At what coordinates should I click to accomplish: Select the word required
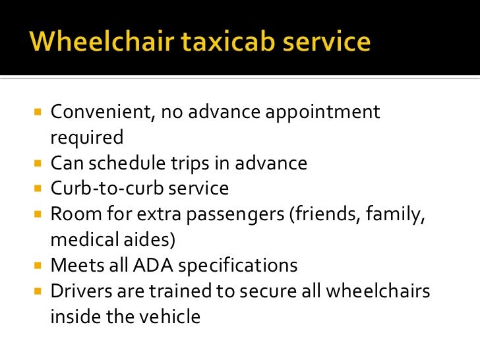[x=86, y=138]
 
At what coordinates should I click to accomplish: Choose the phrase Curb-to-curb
[x=105, y=189]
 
